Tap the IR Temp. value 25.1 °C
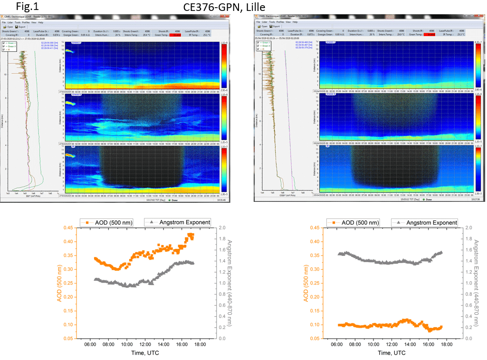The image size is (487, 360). (219, 35)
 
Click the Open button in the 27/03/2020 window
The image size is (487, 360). (9, 27)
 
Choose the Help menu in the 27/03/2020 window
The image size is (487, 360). (41, 22)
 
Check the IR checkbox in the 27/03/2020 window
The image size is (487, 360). (4, 49)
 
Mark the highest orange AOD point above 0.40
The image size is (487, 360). (191, 234)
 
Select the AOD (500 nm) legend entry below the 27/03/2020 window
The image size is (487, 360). (107, 222)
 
